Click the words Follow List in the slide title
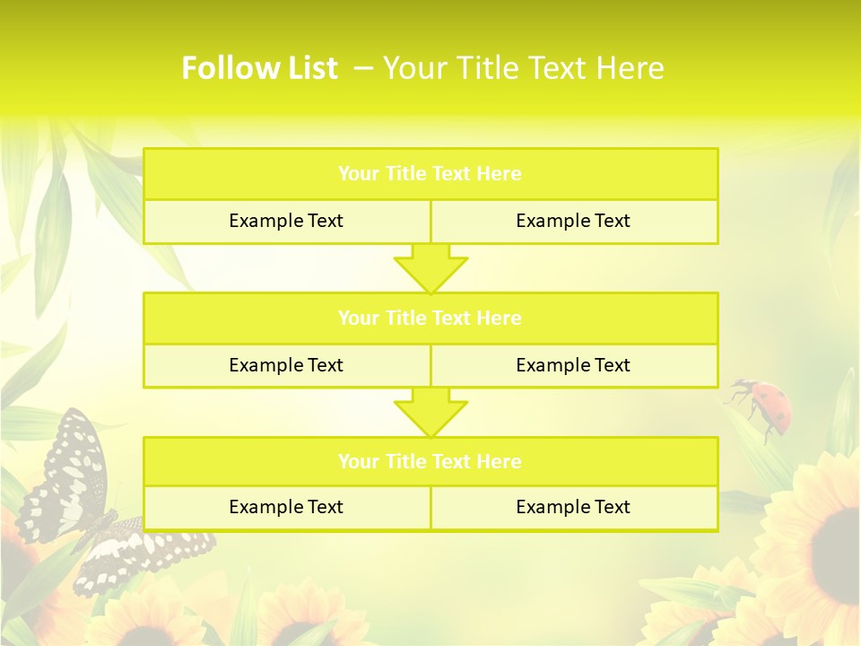[x=259, y=68]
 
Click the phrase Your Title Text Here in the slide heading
[x=524, y=68]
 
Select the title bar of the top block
[x=430, y=174]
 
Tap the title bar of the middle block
[x=430, y=318]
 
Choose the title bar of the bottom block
[x=430, y=461]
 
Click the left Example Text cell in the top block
[x=286, y=221]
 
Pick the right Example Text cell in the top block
[x=573, y=221]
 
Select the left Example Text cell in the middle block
[x=286, y=365]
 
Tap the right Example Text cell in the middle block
[x=573, y=365]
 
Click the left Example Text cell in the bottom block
[x=286, y=507]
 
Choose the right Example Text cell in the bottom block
[x=573, y=507]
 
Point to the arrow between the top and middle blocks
[x=430, y=268]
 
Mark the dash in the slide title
[x=363, y=68]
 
